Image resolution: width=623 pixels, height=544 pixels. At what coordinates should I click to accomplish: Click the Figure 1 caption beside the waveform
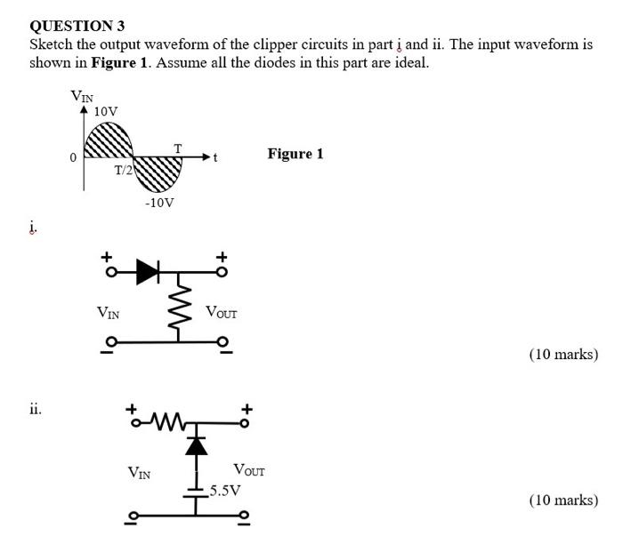pos(295,154)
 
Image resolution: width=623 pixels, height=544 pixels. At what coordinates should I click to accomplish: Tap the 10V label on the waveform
pos(106,111)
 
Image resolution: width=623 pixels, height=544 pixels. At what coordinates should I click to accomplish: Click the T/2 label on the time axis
pos(122,170)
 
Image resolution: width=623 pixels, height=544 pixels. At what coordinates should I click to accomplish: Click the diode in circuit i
pos(148,273)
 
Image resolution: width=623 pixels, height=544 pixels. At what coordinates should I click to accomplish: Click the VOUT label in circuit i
pos(221,312)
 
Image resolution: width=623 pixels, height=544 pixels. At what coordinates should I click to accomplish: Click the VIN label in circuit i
pos(109,312)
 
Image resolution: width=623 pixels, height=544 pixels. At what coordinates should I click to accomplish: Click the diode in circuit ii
pos(196,445)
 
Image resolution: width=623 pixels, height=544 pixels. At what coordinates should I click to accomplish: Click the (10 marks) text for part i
pos(562,355)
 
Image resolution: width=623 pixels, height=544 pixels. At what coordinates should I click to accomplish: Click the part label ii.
pos(35,410)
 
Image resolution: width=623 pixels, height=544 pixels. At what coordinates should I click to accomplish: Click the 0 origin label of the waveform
pos(73,158)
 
